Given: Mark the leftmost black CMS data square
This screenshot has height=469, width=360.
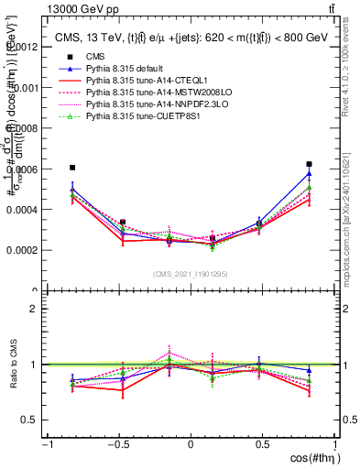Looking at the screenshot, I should point(72,168).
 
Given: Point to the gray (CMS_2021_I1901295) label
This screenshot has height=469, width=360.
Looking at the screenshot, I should point(191,274).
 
